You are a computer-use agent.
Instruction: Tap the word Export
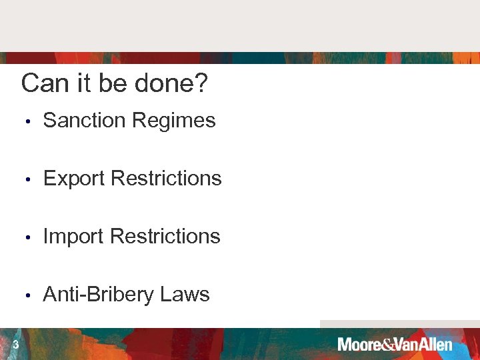click(x=74, y=179)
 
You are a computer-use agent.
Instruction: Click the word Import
click(x=73, y=237)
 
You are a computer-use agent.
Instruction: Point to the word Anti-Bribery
click(x=99, y=295)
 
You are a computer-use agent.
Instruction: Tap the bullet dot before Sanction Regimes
click(x=27, y=122)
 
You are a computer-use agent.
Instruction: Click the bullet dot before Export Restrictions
click(x=27, y=180)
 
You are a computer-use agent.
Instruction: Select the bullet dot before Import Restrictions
click(x=27, y=238)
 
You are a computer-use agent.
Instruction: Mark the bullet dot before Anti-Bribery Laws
click(x=27, y=296)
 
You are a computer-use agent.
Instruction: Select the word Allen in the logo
click(x=435, y=345)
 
